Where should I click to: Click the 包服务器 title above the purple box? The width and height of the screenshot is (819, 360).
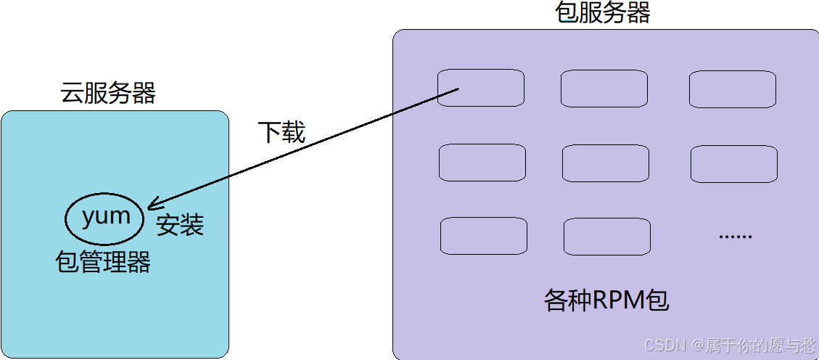click(602, 12)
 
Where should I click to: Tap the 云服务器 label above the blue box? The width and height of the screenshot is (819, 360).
click(108, 93)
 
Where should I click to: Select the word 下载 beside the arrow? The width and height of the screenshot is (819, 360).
click(281, 132)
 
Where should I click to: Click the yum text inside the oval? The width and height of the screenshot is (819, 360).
click(106, 216)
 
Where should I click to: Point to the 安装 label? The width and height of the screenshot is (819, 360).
click(180, 225)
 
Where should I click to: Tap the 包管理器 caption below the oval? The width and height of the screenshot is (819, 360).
click(103, 261)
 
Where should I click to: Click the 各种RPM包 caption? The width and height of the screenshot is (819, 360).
click(606, 300)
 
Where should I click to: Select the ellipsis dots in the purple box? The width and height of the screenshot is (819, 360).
click(735, 236)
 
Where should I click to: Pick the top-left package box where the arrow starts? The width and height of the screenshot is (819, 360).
click(480, 89)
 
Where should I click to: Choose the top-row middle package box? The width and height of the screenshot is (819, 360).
click(604, 89)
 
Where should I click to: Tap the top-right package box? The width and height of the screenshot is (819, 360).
click(732, 89)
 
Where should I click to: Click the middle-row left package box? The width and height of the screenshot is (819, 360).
click(482, 163)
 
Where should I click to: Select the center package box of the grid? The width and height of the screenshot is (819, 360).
click(605, 163)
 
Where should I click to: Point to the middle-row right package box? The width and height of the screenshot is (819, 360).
click(733, 163)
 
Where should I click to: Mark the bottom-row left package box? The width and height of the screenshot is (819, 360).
click(483, 236)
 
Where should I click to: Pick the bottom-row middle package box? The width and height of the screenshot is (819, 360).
click(606, 236)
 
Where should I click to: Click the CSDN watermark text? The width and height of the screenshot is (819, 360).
click(664, 345)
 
